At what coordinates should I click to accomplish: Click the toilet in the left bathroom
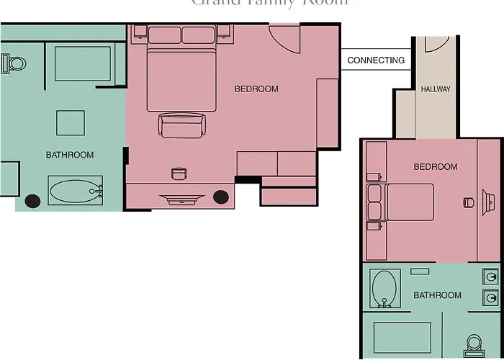[14, 63]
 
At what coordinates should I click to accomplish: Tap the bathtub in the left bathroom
[75, 191]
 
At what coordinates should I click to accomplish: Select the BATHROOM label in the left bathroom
[70, 155]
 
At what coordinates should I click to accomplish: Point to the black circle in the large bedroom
[221, 196]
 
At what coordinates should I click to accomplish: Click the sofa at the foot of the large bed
[181, 125]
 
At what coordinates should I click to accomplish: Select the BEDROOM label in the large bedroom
[256, 89]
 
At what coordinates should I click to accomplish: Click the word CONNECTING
[376, 60]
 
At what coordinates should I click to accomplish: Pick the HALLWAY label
[436, 89]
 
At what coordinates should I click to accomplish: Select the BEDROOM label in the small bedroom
[436, 167]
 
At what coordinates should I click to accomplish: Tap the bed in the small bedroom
[407, 202]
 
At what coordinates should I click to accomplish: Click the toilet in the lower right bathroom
[474, 344]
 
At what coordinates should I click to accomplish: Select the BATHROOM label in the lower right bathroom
[438, 295]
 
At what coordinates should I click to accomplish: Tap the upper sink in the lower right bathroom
[490, 276]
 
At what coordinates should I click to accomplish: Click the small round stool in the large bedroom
[178, 174]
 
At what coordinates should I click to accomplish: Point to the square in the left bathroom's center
[71, 122]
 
